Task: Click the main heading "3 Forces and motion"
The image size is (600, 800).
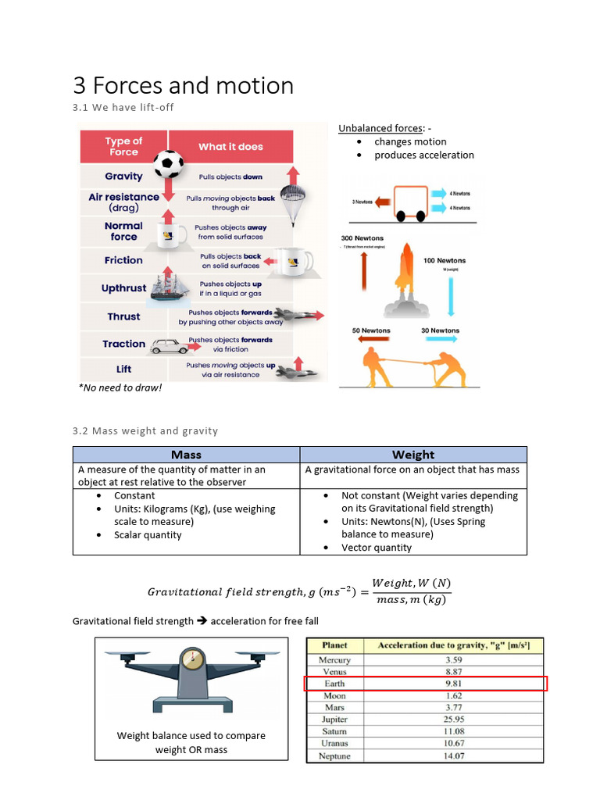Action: [x=183, y=85]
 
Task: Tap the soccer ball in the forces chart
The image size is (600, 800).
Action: [x=168, y=164]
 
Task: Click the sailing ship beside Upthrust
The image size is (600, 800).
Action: [x=170, y=287]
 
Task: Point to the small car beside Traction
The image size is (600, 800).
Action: [x=170, y=346]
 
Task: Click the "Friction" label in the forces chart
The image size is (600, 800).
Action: [x=123, y=260]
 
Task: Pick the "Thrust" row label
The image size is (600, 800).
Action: [x=123, y=316]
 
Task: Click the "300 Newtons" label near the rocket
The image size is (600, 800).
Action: [x=362, y=238]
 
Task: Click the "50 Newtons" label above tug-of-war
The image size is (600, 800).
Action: [x=372, y=330]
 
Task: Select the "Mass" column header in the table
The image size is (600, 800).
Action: [x=186, y=455]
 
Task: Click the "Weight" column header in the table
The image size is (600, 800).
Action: [x=413, y=455]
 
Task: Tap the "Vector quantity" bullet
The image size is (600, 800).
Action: [x=377, y=548]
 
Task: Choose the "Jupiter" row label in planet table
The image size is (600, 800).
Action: [x=334, y=720]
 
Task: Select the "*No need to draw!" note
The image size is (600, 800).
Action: [x=120, y=387]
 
